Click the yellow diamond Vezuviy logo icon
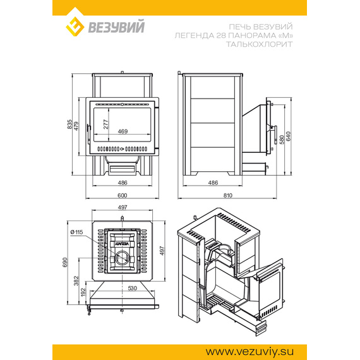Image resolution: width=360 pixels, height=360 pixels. click(75, 27)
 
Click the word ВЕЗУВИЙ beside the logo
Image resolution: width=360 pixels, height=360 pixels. click(116, 27)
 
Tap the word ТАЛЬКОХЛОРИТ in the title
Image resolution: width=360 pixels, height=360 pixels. click(259, 44)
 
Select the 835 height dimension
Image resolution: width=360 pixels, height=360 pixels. click(70, 124)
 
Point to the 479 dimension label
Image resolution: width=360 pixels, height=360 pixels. click(76, 126)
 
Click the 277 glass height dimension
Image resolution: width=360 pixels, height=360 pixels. click(105, 124)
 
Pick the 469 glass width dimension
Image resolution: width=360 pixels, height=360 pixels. click(123, 131)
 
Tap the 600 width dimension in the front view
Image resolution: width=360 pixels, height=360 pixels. click(122, 195)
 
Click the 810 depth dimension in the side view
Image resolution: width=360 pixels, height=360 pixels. click(228, 195)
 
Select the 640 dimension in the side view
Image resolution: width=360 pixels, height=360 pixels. click(289, 136)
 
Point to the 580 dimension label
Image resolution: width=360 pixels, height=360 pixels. click(282, 140)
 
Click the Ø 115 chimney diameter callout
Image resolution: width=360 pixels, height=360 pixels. click(76, 232)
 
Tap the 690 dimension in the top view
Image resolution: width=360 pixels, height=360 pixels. click(65, 263)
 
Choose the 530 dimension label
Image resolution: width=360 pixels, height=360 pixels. click(132, 288)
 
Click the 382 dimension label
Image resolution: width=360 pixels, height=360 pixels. click(76, 281)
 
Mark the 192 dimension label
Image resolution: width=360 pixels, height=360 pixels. click(83, 292)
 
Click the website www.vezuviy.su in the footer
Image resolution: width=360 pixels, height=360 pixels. click(249, 352)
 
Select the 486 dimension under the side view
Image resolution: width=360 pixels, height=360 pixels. click(213, 183)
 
